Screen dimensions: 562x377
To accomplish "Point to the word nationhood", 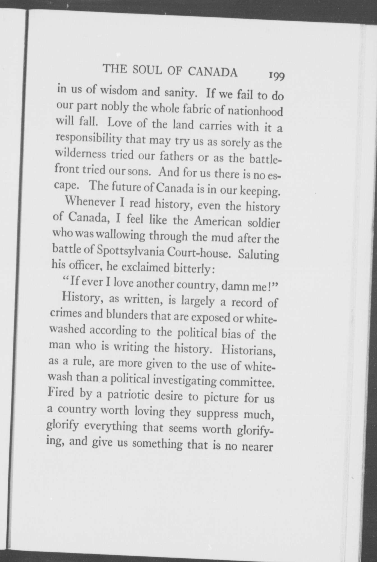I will pyautogui.click(x=255, y=111).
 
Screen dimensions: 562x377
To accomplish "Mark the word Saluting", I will pyautogui.click(x=258, y=255).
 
